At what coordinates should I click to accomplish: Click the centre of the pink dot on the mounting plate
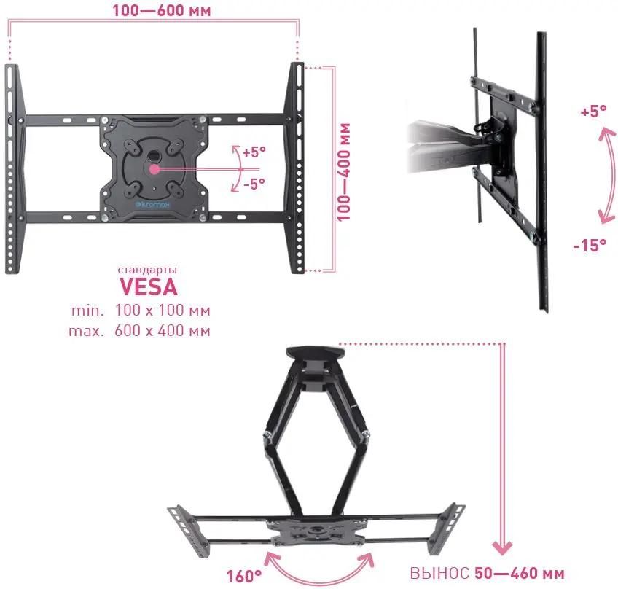pos(154,170)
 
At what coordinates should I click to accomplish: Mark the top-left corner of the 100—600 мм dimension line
pos(9,20)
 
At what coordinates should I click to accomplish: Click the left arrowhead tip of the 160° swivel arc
pos(268,553)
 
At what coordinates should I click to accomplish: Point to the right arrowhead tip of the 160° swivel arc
pos(372,553)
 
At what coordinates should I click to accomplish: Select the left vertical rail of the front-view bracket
pos(14,168)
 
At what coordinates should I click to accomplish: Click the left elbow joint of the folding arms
pos(267,434)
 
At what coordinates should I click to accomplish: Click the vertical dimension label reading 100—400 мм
pos(343,172)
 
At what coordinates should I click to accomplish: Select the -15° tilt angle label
pos(590,245)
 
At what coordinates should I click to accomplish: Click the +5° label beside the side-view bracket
pos(592,112)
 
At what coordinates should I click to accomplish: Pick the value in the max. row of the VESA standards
pos(163,330)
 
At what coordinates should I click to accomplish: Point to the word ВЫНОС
pos(439,573)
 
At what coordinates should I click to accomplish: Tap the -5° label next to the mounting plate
pos(254,183)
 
